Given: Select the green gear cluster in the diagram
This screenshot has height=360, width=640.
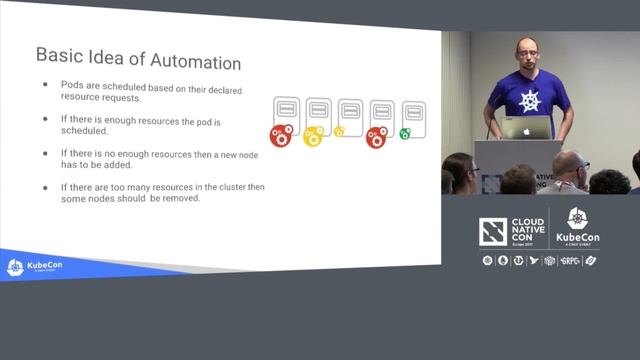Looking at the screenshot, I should click(405, 133).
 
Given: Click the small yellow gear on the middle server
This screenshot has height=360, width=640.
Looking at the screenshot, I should click(339, 131).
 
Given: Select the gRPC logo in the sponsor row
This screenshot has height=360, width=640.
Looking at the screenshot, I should click(571, 261).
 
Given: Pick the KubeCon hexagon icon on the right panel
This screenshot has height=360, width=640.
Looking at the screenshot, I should click(577, 219).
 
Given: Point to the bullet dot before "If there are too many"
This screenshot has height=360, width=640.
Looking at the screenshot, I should click(45, 187).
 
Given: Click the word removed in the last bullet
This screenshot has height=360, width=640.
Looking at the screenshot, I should click(184, 198).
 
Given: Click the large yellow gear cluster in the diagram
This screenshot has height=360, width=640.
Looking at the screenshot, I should click(313, 135).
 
